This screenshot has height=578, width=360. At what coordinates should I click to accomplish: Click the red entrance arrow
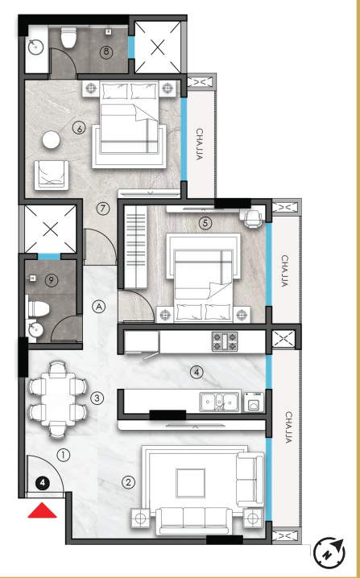tap(42, 510)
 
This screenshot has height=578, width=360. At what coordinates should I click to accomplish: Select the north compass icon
tap(327, 554)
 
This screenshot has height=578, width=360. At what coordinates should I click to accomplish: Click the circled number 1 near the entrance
tap(64, 455)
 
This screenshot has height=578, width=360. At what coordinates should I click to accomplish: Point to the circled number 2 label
tap(127, 483)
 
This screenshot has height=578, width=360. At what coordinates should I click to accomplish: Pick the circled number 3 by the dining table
tap(97, 398)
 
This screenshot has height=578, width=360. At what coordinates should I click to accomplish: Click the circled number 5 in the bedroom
tap(205, 223)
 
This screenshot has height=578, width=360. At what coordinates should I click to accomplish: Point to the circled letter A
tap(97, 306)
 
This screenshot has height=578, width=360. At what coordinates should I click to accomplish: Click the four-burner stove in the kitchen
tap(223, 341)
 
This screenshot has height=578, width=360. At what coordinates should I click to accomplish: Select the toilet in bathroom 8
tap(69, 37)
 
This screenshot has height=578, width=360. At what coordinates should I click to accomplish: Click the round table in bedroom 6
tap(52, 139)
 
